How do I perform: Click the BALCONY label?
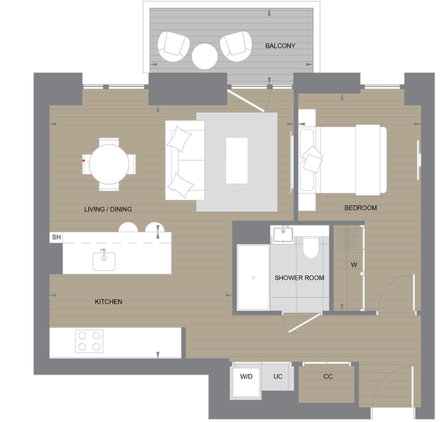click(x=280, y=46)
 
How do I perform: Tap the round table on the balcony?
click(x=205, y=56)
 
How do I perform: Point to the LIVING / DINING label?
click(x=108, y=209)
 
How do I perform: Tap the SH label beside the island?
click(x=56, y=237)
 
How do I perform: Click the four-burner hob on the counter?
click(x=89, y=341)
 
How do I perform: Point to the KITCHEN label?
click(x=108, y=301)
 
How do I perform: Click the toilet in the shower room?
click(x=311, y=247)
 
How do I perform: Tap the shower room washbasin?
click(x=285, y=233)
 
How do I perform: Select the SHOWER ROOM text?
click(x=299, y=278)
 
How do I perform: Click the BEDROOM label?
click(x=361, y=207)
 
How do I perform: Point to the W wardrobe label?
click(x=354, y=265)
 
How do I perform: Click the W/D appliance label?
click(x=246, y=377)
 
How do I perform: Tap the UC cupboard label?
click(x=278, y=377)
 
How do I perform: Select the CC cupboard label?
click(x=328, y=377)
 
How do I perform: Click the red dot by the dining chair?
click(x=84, y=161)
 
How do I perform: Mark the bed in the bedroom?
click(x=350, y=160)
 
